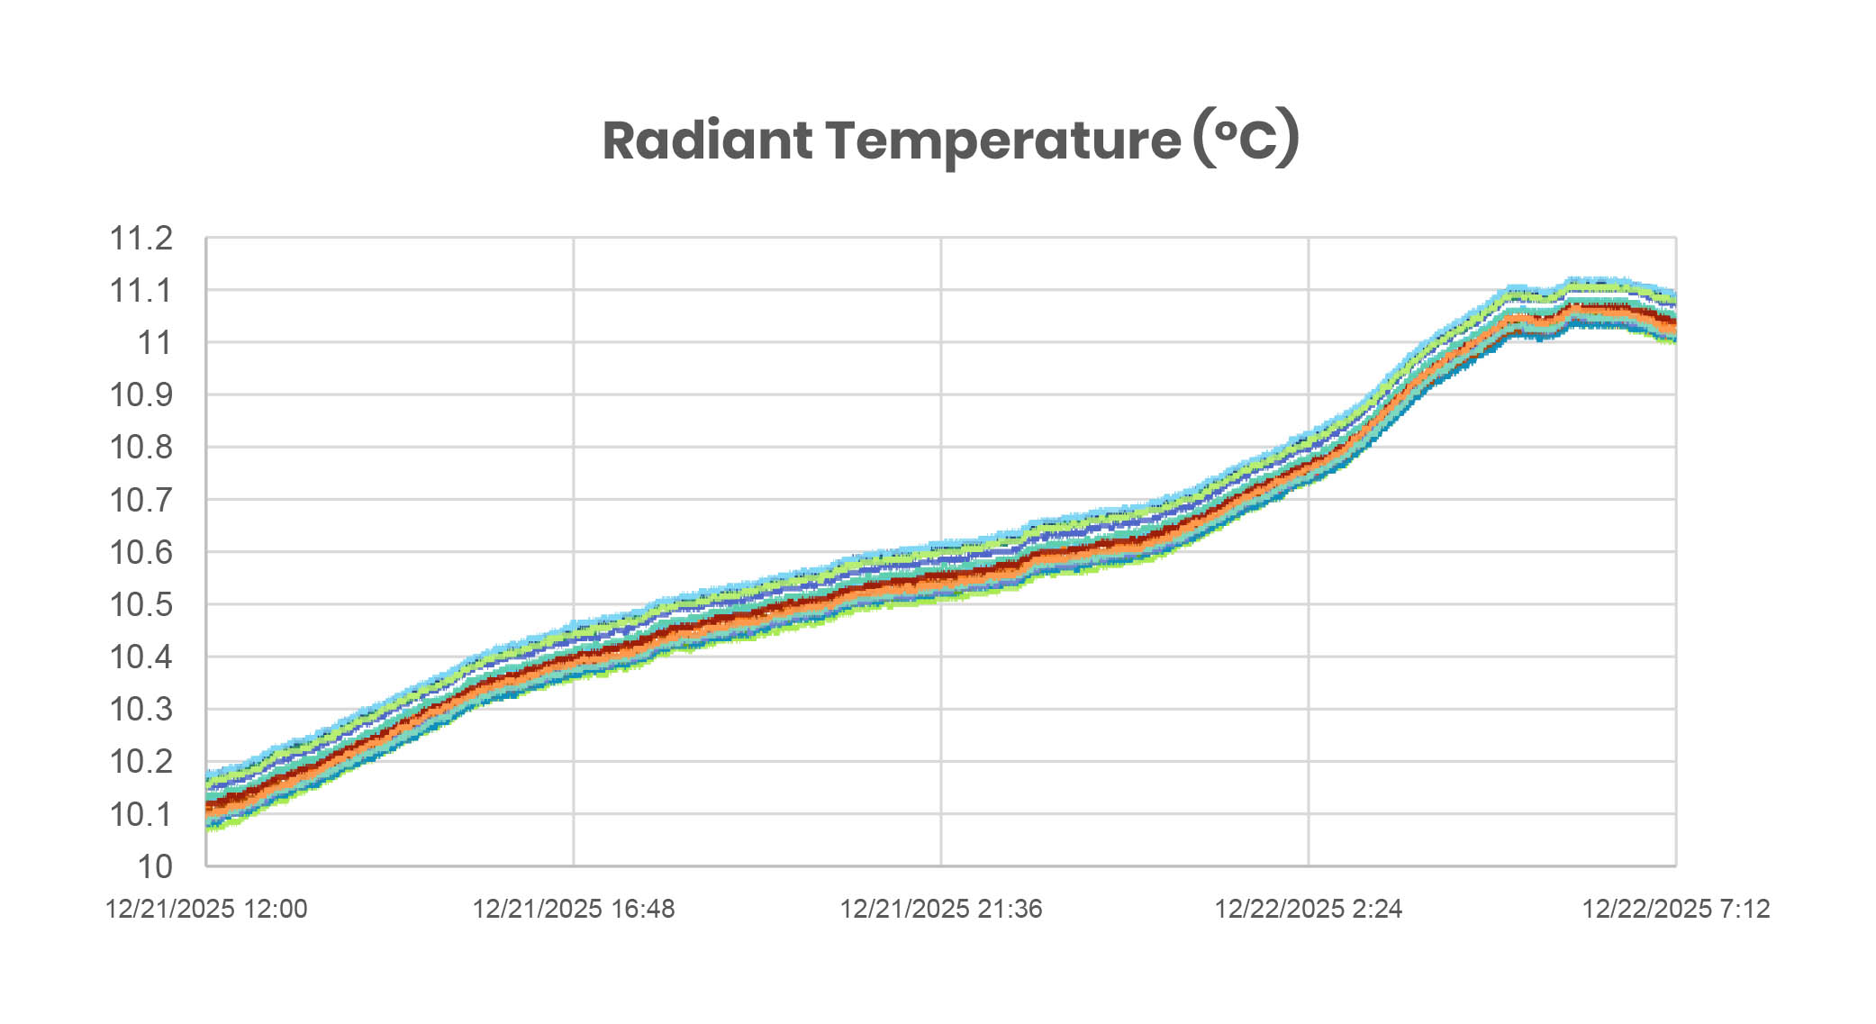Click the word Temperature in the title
click(1002, 140)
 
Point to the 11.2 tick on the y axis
click(140, 239)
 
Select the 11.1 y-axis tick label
click(140, 291)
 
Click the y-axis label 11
click(154, 343)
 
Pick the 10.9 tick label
click(140, 395)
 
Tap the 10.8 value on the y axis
click(140, 448)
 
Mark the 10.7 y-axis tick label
click(140, 500)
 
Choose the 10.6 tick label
click(140, 552)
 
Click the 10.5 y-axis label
click(140, 604)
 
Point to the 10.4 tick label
click(140, 657)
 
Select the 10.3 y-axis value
click(140, 710)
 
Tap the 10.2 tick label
click(140, 762)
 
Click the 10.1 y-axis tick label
click(140, 815)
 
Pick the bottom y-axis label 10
click(154, 866)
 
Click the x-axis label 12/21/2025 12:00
click(206, 909)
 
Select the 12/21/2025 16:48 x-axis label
click(574, 909)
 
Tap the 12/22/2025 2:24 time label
click(1308, 909)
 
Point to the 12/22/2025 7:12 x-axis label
click(1675, 909)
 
